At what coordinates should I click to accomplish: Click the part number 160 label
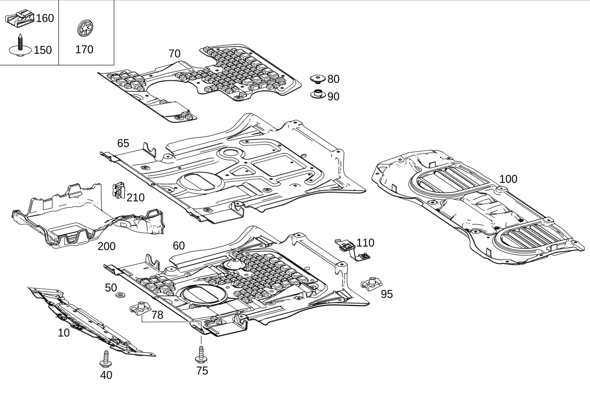tap(45, 18)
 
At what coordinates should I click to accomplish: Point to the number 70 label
tap(174, 54)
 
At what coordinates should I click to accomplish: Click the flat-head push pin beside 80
tap(318, 79)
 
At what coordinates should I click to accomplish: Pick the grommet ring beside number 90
tap(318, 94)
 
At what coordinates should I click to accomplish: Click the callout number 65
tap(123, 143)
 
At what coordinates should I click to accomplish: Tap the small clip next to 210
tap(119, 190)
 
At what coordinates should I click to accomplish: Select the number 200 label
tap(106, 246)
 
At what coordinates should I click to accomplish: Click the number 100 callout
tap(508, 179)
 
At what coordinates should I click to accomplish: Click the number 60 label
tap(178, 246)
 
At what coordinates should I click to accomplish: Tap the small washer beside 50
tap(121, 294)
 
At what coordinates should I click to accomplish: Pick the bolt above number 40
tap(105, 359)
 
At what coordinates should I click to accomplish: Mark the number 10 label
tap(64, 333)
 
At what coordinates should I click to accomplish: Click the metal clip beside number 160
tap(20, 18)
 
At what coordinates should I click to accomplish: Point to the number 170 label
tap(84, 49)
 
